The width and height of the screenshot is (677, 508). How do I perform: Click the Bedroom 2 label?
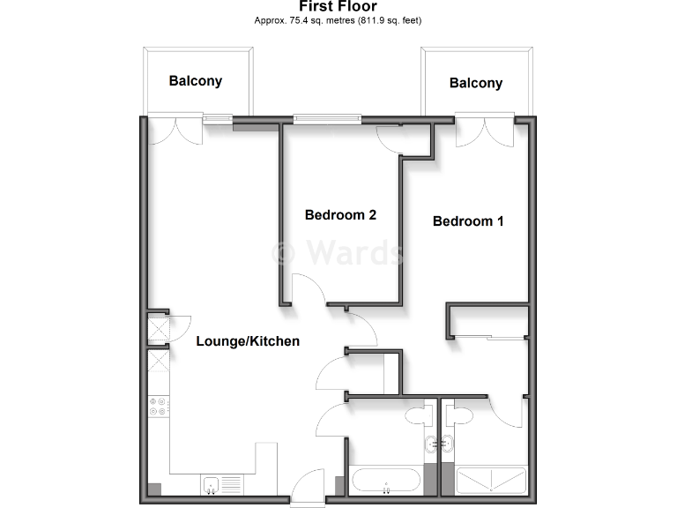click(340, 214)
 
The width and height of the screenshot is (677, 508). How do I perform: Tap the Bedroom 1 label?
click(468, 220)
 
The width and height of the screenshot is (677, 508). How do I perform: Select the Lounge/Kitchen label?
click(248, 341)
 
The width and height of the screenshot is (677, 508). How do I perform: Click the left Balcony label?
click(196, 81)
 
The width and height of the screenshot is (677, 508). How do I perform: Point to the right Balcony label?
click(476, 83)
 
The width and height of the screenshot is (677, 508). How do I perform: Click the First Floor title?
click(338, 7)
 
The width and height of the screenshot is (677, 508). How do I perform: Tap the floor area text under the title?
click(338, 20)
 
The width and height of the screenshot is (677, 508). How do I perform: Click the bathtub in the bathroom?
click(386, 482)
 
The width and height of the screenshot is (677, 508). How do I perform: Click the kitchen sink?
click(211, 484)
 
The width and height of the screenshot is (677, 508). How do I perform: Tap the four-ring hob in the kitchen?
click(160, 407)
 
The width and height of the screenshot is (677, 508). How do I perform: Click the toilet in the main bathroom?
click(414, 417)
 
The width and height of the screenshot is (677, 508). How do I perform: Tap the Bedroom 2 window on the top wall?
click(327, 117)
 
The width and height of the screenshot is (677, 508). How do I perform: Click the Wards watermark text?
click(339, 252)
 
